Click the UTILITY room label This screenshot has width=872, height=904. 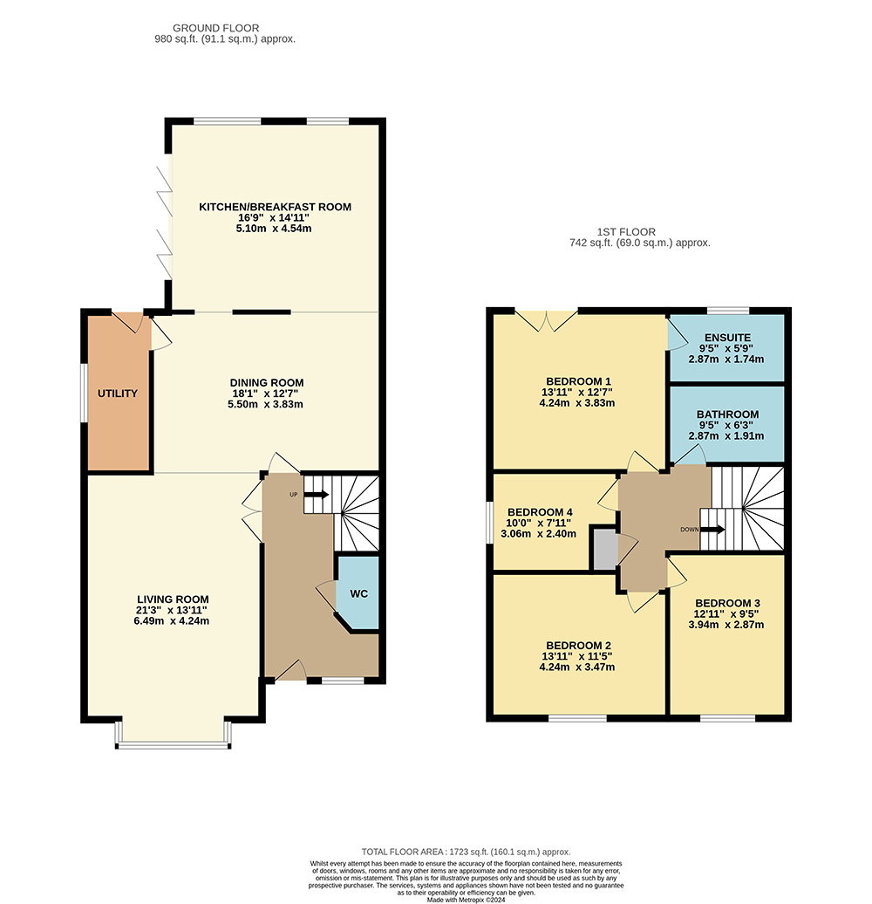click(118, 394)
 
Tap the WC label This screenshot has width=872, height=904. click(358, 594)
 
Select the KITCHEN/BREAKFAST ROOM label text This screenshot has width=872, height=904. click(275, 207)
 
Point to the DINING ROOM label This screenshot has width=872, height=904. click(267, 383)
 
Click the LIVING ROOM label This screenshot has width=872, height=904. click(173, 599)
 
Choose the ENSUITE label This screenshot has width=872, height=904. click(727, 338)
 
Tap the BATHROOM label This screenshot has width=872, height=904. click(727, 414)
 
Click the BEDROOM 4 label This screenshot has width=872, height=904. click(540, 512)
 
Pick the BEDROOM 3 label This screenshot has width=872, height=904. click(727, 603)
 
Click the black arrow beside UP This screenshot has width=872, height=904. click(317, 495)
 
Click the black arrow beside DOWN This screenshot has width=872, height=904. click(712, 530)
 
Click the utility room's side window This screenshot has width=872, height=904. click(84, 393)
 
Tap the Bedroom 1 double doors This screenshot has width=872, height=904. click(546, 321)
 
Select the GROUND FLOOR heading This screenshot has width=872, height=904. click(216, 28)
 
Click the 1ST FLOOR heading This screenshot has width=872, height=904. click(626, 232)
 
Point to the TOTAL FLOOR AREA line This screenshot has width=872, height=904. click(466, 852)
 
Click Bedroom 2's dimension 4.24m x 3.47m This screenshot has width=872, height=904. click(577, 667)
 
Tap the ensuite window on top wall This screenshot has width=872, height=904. click(728, 312)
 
